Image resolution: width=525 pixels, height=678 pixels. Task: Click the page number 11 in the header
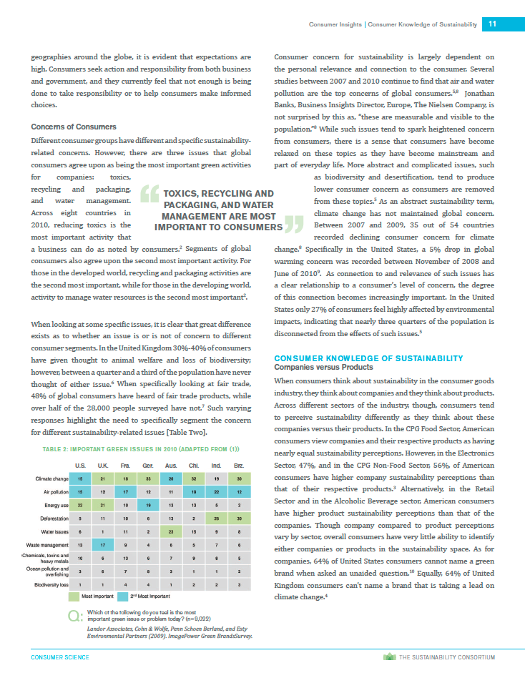click(x=492, y=24)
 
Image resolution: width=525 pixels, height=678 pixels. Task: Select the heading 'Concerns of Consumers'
click(x=69, y=127)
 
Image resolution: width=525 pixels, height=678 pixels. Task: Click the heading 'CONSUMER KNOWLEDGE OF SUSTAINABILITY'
click(x=368, y=358)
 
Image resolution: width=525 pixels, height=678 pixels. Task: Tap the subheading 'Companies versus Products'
click(x=323, y=367)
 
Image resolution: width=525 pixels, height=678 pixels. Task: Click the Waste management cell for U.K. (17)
click(x=103, y=545)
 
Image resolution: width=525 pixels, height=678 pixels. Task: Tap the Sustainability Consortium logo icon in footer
click(x=388, y=657)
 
